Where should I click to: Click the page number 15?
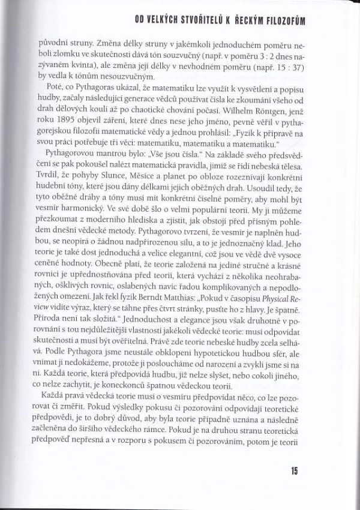294,471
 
